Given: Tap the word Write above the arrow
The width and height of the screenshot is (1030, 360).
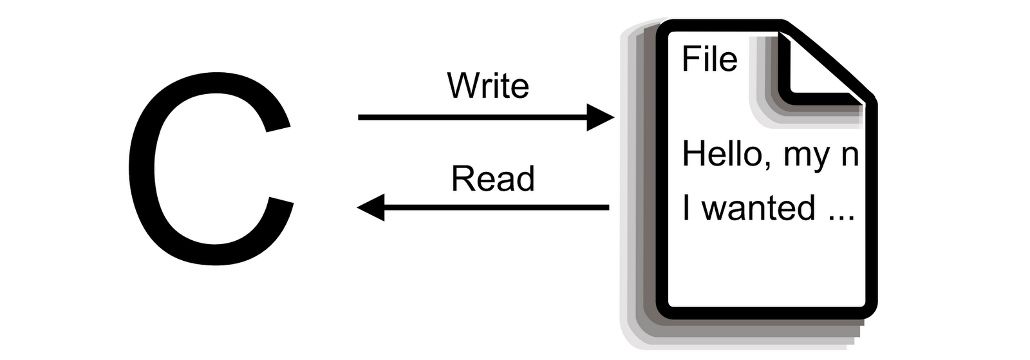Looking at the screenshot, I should point(488,86).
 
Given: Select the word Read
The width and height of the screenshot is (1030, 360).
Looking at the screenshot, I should point(492,179).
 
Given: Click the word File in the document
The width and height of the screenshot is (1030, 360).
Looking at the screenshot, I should point(709,59).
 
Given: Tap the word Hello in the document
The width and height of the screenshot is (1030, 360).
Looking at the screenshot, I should point(722,155).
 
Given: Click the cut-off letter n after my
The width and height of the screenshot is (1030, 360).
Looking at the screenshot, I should point(850,156).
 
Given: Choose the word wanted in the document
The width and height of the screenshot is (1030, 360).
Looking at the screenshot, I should point(758,208).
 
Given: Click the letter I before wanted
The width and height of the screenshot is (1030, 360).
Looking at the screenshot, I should point(686,208).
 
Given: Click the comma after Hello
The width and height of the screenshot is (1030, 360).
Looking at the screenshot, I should point(767,166).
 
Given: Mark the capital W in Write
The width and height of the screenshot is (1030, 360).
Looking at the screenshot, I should point(462,85).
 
